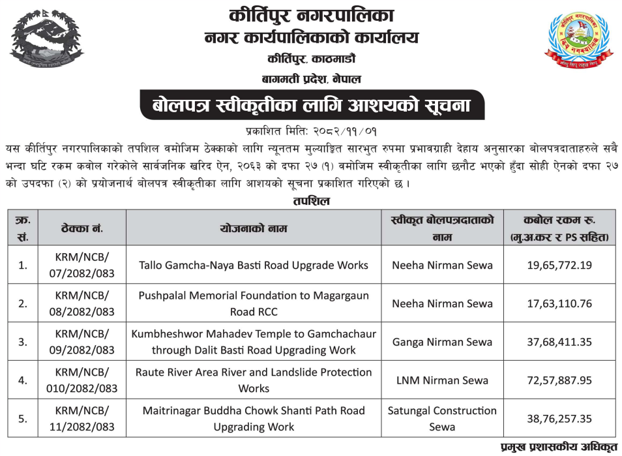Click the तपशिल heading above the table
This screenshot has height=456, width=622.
[311, 201]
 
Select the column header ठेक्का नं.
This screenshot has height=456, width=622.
[82, 228]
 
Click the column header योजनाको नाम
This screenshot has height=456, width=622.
[254, 228]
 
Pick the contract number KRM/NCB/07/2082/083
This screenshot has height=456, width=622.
[82, 265]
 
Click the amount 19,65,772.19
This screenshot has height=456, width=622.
[560, 266]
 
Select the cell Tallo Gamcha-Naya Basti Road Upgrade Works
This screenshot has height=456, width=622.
[254, 266]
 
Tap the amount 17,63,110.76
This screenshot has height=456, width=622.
[560, 303]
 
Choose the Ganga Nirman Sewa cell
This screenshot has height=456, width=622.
[442, 342]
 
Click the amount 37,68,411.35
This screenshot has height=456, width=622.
[560, 342]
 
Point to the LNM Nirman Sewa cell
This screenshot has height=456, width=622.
[442, 380]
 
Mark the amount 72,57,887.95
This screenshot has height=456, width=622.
[560, 380]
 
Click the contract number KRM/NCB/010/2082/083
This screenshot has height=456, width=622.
[82, 380]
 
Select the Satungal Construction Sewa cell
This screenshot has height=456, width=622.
[442, 419]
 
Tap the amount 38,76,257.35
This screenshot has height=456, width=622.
[560, 419]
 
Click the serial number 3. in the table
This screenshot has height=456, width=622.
[23, 342]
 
